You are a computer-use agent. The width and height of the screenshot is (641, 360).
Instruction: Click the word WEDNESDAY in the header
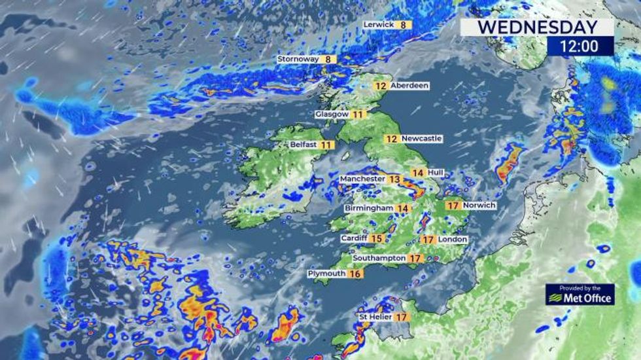click(x=538, y=27)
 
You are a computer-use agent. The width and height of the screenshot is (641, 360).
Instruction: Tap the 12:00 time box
click(x=580, y=46)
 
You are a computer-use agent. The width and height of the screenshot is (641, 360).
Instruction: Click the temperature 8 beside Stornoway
click(x=328, y=59)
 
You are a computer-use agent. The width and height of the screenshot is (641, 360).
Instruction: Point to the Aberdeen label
click(x=409, y=85)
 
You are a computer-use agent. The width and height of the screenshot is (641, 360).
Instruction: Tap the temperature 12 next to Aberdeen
click(x=381, y=86)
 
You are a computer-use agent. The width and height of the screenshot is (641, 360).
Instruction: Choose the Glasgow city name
click(x=332, y=114)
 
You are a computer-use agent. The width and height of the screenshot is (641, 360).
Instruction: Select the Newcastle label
click(x=422, y=139)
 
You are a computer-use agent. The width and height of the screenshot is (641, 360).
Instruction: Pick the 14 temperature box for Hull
click(x=417, y=172)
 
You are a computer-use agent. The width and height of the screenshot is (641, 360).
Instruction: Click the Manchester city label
click(x=362, y=179)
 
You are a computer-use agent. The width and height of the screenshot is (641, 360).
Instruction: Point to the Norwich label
click(x=479, y=206)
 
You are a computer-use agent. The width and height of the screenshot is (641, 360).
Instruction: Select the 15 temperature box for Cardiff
click(x=377, y=239)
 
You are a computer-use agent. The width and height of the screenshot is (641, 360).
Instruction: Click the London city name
click(x=453, y=240)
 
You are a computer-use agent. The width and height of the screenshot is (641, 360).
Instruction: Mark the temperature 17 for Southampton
click(x=415, y=259)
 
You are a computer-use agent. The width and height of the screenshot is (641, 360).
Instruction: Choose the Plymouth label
click(x=326, y=274)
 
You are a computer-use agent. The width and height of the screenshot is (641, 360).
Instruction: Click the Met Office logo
click(x=580, y=295)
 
